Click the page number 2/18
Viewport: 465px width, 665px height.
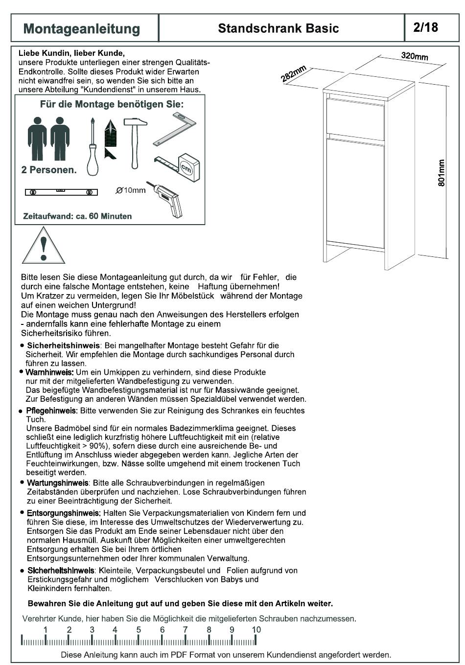point(425,27)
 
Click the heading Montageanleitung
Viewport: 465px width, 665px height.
point(82,29)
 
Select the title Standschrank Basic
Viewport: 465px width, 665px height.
point(278,28)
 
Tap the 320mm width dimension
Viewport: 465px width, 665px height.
point(414,56)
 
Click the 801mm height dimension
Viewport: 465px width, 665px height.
point(441,173)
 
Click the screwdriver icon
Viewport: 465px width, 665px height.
point(92,147)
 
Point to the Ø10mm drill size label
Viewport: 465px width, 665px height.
point(131,190)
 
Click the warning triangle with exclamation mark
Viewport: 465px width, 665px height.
point(44,246)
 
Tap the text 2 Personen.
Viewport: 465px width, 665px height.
point(49,170)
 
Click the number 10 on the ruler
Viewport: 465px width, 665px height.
point(256,629)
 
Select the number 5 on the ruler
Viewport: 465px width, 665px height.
point(139,629)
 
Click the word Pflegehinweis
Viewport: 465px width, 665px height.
point(52,411)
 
